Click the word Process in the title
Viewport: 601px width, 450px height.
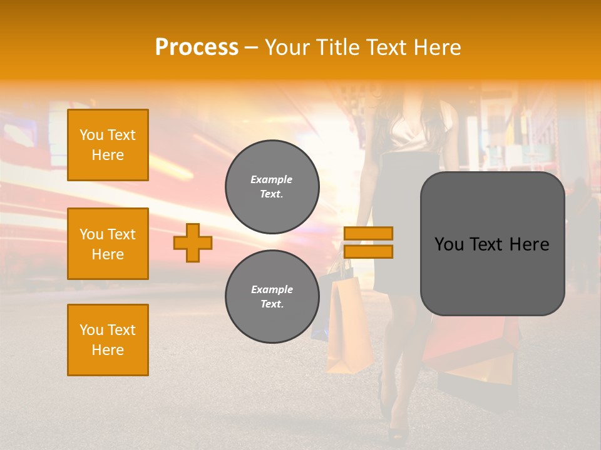point(197,47)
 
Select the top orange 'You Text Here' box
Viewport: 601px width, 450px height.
point(108,145)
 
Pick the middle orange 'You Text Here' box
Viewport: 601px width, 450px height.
point(108,244)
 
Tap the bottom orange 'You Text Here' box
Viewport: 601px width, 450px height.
point(108,340)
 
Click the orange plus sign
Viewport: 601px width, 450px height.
point(193,242)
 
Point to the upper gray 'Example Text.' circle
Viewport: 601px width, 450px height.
point(272,186)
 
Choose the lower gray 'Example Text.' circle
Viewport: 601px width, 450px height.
point(272,296)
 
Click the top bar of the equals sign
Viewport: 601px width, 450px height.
point(368,233)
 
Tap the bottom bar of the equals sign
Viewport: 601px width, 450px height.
point(368,251)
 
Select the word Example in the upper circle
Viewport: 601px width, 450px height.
point(271,179)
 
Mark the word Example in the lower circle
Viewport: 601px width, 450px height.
point(272,289)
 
